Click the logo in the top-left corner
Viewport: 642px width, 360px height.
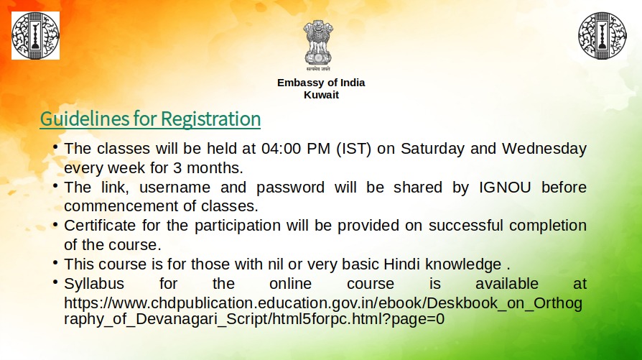(x=35, y=35)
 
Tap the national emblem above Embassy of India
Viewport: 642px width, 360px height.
(x=317, y=47)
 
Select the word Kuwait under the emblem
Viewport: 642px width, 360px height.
(x=321, y=95)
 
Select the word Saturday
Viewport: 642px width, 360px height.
(x=433, y=149)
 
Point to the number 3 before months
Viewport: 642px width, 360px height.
(x=177, y=169)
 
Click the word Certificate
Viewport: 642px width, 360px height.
(x=100, y=226)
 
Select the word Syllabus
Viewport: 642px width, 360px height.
(x=94, y=283)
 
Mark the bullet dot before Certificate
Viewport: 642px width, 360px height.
(x=55, y=224)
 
